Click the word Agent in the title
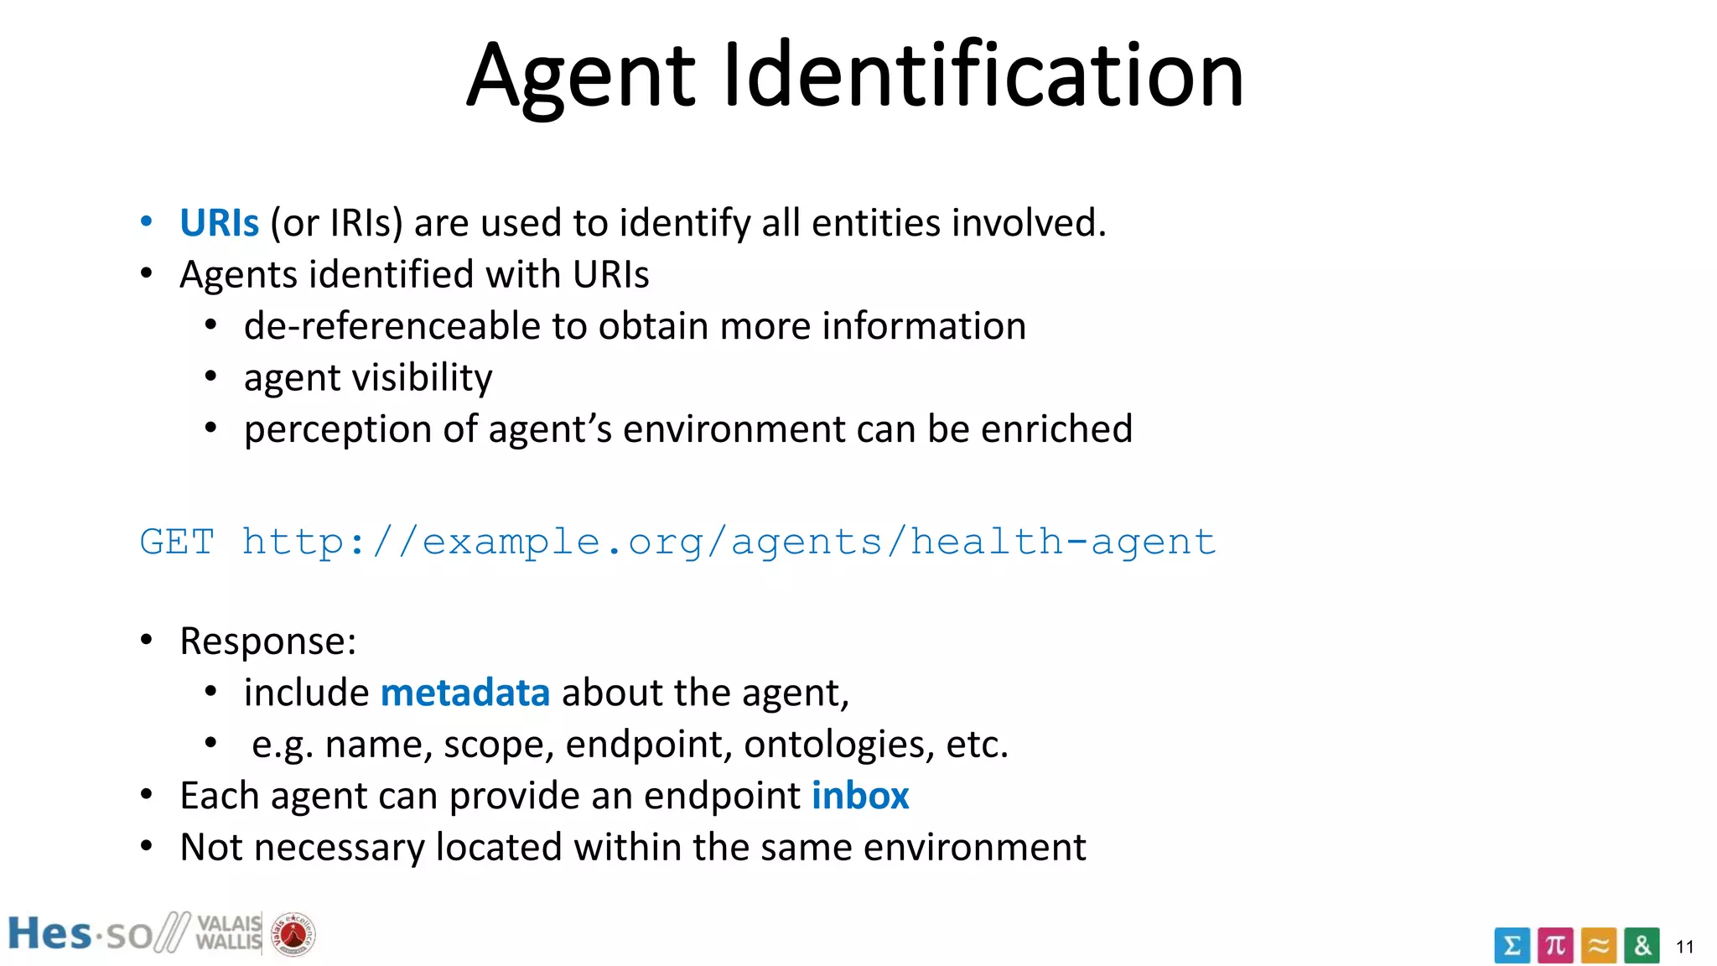point(580,77)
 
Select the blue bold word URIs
point(219,223)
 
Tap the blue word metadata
point(465,693)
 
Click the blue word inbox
point(860,796)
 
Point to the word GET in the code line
point(177,542)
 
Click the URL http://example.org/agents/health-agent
point(729,543)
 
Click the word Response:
point(268,641)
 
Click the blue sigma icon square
point(1512,945)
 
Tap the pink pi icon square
point(1555,945)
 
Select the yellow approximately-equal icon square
point(1599,945)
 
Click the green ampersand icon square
point(1642,945)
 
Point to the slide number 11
point(1685,948)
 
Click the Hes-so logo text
point(80,934)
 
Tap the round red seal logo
point(293,934)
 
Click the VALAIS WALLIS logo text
point(228,932)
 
